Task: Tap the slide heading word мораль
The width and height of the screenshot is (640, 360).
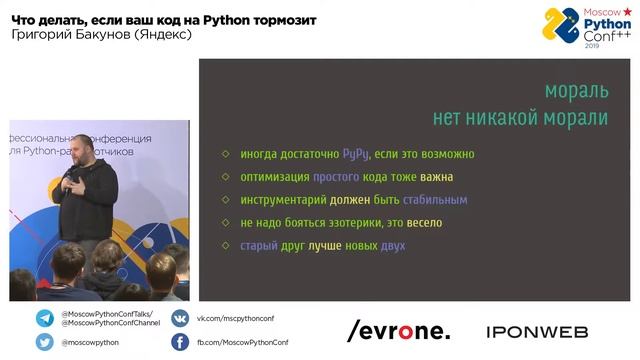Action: pyautogui.click(x=576, y=91)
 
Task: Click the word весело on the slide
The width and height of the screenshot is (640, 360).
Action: pyautogui.click(x=420, y=223)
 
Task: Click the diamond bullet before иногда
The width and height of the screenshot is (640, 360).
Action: pyautogui.click(x=226, y=155)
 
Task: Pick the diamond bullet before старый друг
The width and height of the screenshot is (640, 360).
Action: pyautogui.click(x=226, y=246)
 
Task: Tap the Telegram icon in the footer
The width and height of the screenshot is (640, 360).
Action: pyautogui.click(x=45, y=319)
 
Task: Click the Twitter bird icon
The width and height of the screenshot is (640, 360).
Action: pyautogui.click(x=45, y=342)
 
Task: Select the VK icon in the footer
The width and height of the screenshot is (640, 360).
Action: pyautogui.click(x=180, y=319)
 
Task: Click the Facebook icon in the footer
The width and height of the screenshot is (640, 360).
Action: pyautogui.click(x=180, y=342)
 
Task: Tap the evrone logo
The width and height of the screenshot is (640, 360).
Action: pyautogui.click(x=398, y=331)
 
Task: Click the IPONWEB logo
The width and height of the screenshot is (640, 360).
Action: pyautogui.click(x=537, y=331)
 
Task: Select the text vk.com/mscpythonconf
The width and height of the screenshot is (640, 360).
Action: pyautogui.click(x=234, y=319)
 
